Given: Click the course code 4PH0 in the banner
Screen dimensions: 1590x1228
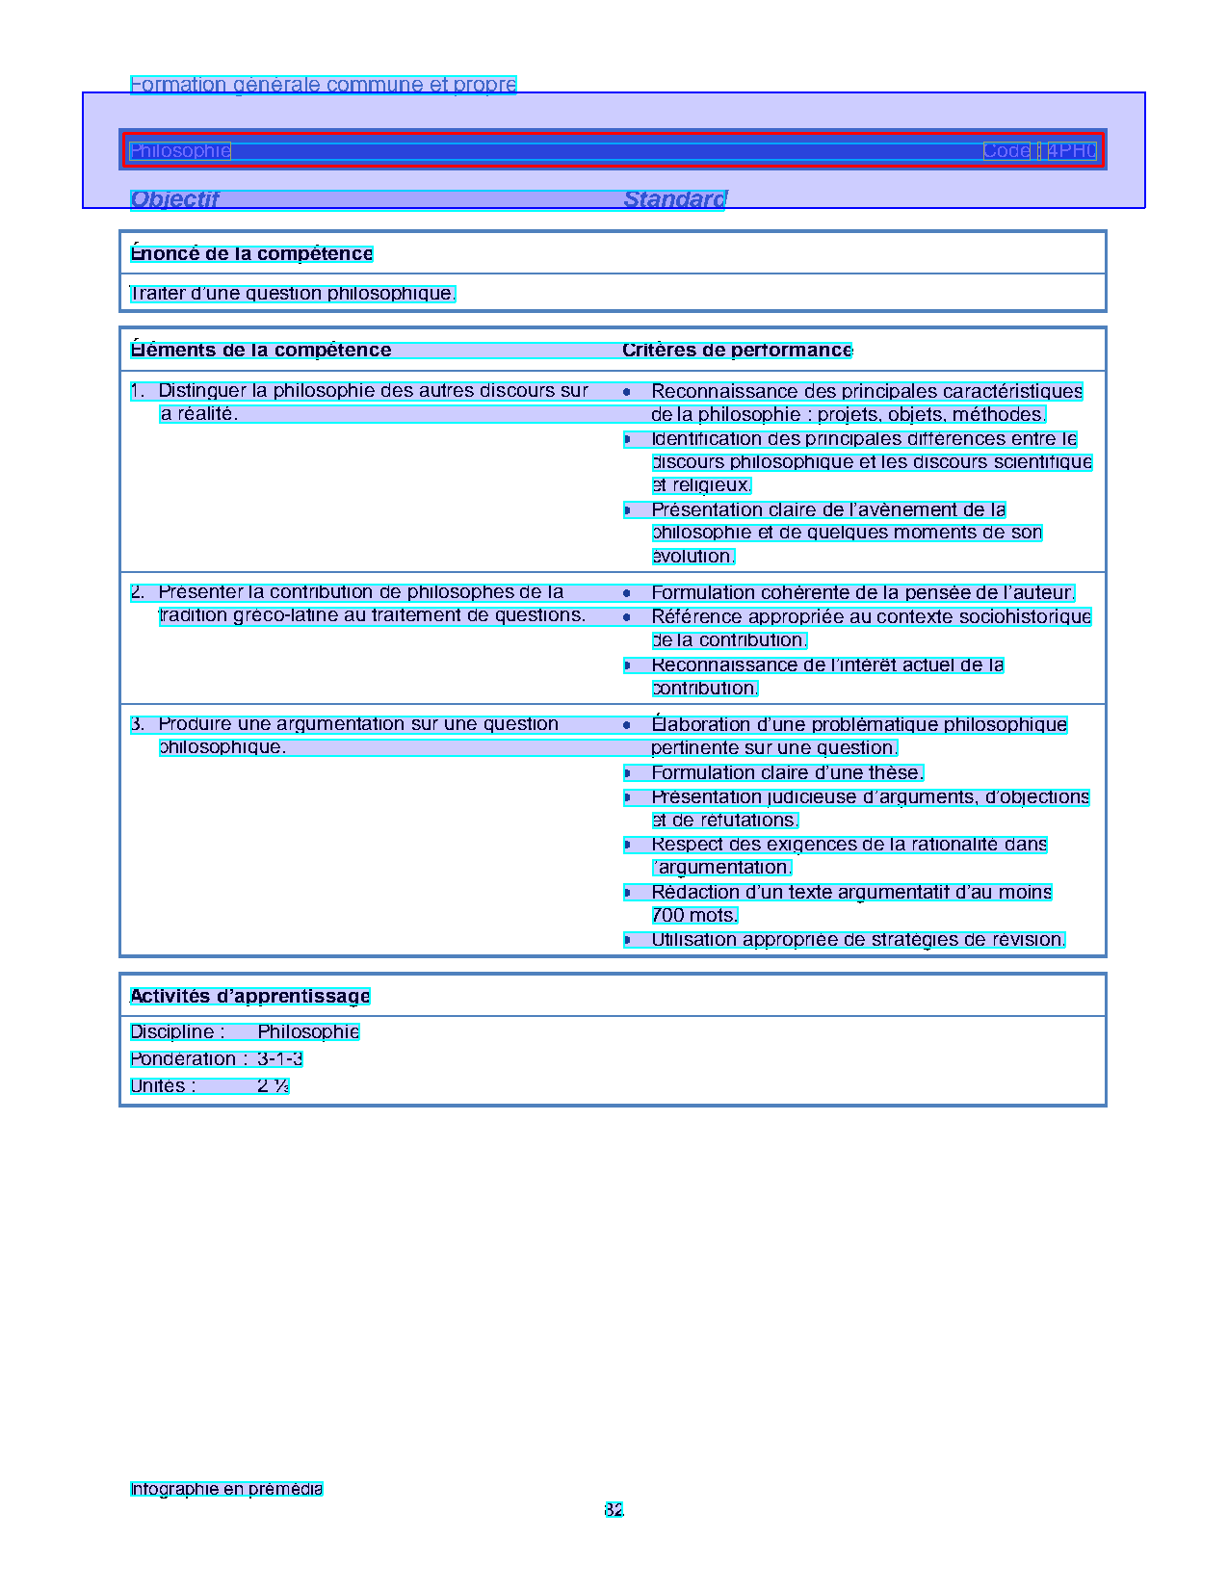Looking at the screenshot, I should click(1072, 150).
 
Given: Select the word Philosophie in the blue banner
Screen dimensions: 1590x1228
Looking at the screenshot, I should click(180, 150).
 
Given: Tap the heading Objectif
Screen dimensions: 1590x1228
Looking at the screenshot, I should click(174, 199).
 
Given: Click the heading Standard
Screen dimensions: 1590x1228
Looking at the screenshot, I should click(674, 199).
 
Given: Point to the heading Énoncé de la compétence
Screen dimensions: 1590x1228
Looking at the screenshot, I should click(251, 253).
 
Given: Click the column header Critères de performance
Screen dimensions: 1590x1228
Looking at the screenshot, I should click(737, 350).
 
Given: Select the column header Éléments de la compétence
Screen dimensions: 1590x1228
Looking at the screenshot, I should click(261, 350).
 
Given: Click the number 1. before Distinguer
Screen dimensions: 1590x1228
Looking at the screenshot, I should click(138, 390).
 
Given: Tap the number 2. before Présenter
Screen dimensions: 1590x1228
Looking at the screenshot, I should click(138, 591).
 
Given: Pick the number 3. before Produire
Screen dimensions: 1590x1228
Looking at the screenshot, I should click(138, 723).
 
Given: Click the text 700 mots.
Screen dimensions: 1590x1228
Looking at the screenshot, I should click(694, 915).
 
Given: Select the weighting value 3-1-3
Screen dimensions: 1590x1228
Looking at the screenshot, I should click(280, 1058).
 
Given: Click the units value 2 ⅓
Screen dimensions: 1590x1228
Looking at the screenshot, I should click(274, 1085).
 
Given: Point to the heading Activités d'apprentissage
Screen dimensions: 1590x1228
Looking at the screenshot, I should click(250, 996).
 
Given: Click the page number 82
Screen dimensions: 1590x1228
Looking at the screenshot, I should click(614, 1509).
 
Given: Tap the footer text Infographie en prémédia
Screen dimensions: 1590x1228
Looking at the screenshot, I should click(226, 1489).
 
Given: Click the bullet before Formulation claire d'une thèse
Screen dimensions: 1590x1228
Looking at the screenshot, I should click(627, 772).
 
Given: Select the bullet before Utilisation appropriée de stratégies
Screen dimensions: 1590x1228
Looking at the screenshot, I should click(627, 939).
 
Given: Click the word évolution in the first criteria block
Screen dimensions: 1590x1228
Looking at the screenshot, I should click(692, 556).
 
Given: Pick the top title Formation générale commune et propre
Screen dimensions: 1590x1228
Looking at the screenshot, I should click(324, 85).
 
